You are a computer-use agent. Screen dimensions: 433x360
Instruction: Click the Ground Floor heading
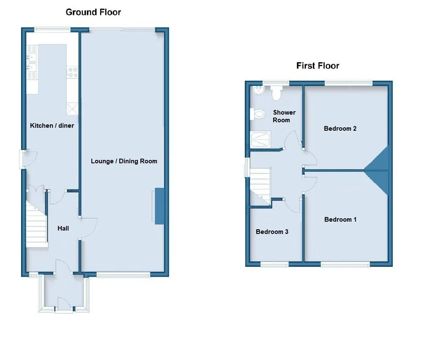coord(93,12)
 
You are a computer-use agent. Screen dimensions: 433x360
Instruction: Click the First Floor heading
coord(318,66)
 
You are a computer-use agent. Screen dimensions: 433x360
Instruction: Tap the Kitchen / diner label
coord(52,126)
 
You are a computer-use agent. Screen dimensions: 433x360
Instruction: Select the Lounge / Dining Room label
coord(124,161)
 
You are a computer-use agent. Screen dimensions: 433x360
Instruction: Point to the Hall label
coord(63,228)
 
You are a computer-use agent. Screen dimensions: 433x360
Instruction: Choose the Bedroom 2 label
coord(340,129)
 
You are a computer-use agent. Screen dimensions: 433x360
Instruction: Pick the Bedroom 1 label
coord(340,220)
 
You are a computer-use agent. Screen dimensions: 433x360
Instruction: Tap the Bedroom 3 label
coord(272,232)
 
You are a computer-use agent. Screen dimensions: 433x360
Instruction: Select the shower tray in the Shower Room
coord(260,139)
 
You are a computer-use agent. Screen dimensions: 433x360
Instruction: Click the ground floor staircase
coord(36,224)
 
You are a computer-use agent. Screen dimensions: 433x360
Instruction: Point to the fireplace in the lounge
coord(159,206)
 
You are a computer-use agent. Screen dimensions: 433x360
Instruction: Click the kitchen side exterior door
coord(28,159)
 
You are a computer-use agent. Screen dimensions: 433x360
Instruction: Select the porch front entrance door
coord(64,304)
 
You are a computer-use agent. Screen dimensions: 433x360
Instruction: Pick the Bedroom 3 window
coord(274,265)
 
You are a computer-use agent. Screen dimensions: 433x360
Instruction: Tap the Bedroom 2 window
coord(348,82)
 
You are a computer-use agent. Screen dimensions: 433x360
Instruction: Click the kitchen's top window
coord(52,29)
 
